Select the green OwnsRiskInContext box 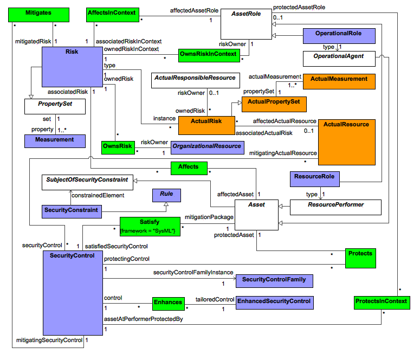[209, 54]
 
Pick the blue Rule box [166, 195]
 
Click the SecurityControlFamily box [274, 280]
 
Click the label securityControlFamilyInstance [193, 272]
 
